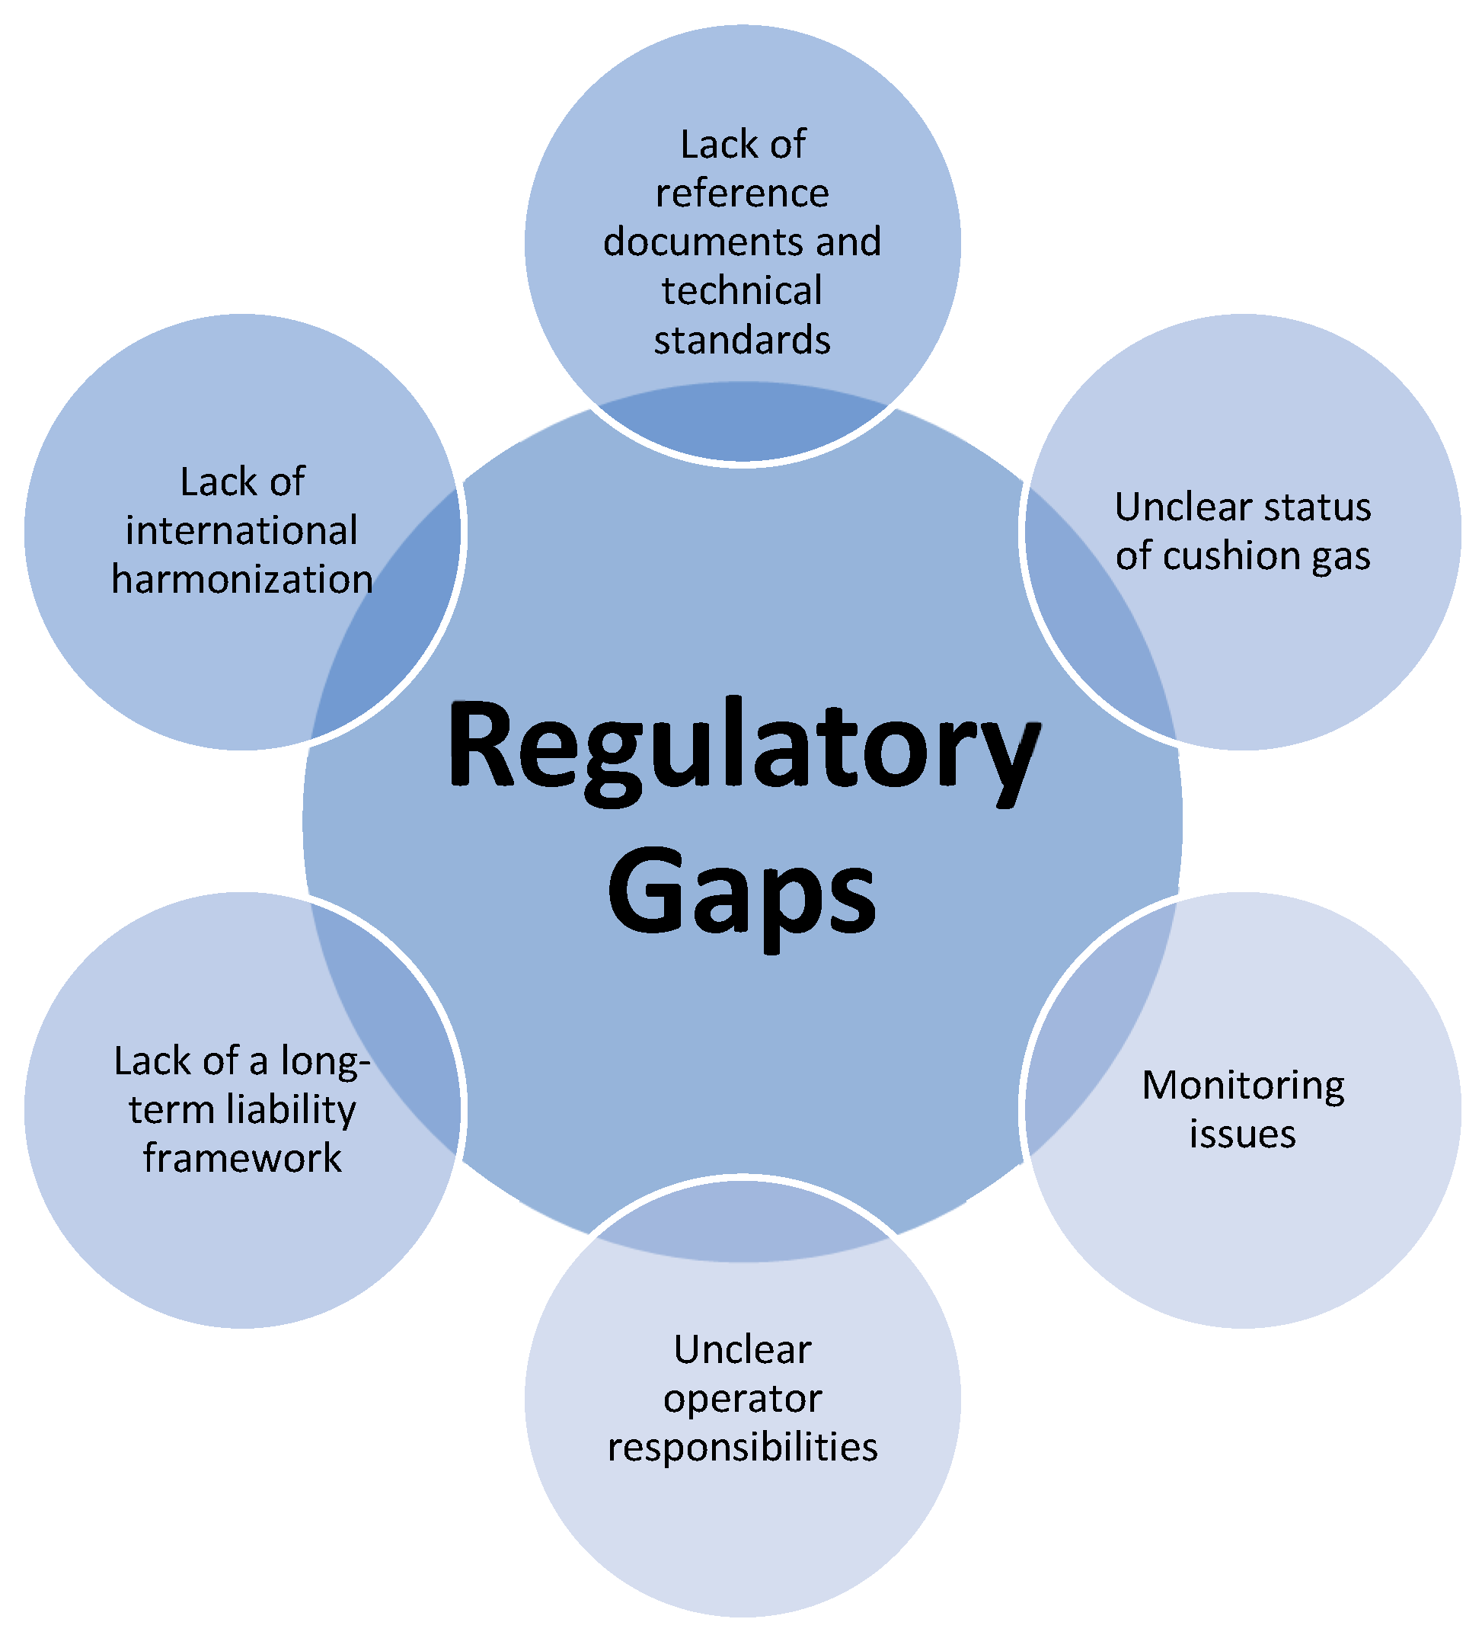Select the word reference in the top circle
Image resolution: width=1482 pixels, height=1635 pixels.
(x=742, y=193)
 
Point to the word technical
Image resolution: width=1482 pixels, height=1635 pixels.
(x=742, y=290)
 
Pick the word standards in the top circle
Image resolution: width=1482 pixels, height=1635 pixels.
(x=742, y=340)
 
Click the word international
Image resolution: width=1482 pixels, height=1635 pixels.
(x=241, y=530)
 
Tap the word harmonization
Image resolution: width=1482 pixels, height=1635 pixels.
(x=241, y=579)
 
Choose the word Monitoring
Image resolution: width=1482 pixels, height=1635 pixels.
(x=1243, y=1085)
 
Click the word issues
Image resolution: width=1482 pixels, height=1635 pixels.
(x=1242, y=1134)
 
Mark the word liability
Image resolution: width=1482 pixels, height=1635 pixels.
(x=292, y=1109)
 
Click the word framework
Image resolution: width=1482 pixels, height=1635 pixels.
(x=241, y=1157)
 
